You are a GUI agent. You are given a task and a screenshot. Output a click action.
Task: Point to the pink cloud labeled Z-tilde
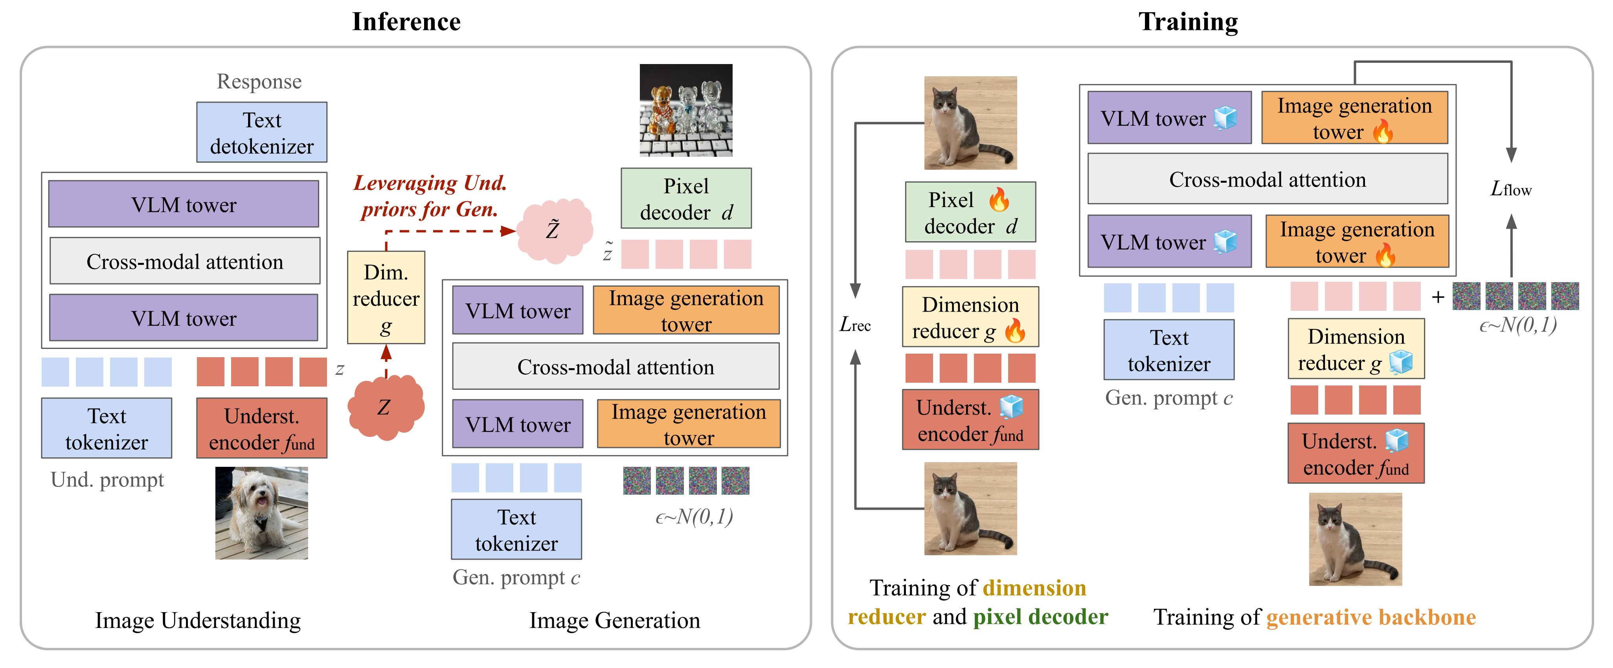tap(553, 230)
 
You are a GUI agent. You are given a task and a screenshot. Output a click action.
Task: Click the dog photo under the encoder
tap(262, 513)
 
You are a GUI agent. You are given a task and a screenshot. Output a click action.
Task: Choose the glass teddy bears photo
tap(686, 110)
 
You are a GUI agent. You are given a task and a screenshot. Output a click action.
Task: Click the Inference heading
tap(406, 22)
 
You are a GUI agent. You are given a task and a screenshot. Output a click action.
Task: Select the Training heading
tap(1188, 22)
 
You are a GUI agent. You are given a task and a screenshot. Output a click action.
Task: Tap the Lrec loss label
tap(855, 324)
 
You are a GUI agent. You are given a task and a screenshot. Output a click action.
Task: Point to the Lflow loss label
tap(1511, 189)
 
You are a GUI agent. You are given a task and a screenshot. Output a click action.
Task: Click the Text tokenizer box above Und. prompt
tap(107, 429)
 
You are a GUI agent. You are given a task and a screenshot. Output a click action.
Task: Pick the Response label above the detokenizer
tap(259, 81)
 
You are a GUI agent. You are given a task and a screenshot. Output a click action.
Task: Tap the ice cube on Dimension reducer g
tap(1401, 362)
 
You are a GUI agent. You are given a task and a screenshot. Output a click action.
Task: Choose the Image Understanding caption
tap(198, 620)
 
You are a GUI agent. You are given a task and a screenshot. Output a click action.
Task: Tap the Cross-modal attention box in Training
tap(1268, 180)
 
